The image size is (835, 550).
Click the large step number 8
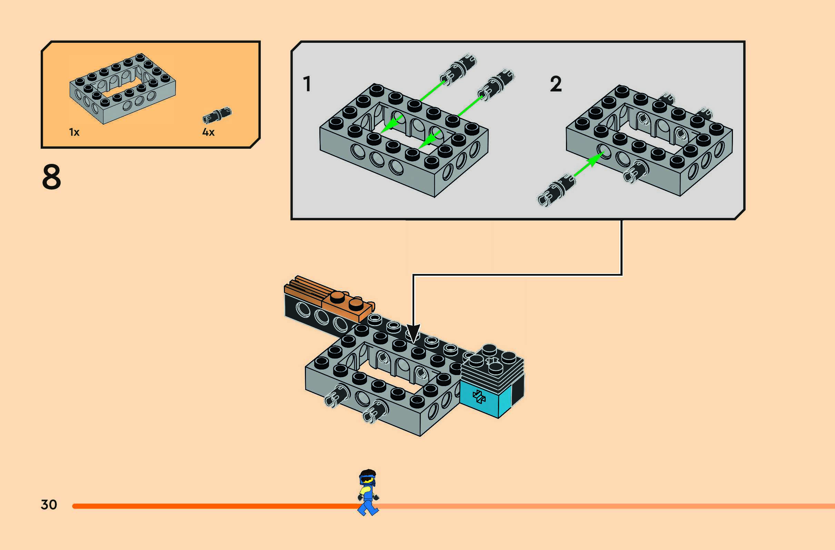coord(52,177)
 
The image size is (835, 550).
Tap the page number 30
coord(49,505)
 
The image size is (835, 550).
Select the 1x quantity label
coord(74,132)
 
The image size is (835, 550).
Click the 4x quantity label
coord(208,132)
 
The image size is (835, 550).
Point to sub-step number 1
coord(307,84)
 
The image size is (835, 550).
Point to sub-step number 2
coord(556,84)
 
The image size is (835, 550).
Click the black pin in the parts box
coord(217,115)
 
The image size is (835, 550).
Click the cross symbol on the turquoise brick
coord(479,397)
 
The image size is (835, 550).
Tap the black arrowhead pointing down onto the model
coord(413,333)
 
